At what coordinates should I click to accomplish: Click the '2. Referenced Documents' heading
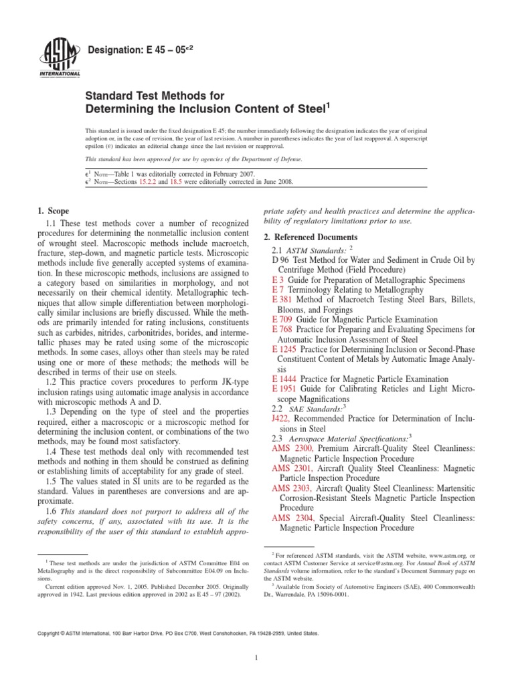[x=311, y=237]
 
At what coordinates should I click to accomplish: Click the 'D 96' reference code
[x=280, y=260]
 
